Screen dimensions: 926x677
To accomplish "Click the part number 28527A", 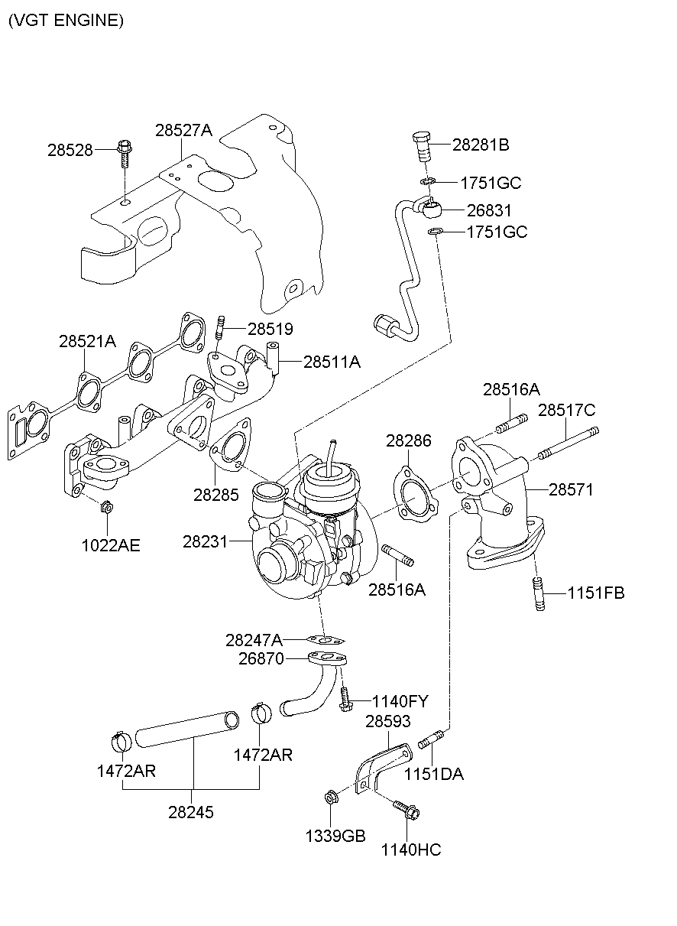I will pos(183,131).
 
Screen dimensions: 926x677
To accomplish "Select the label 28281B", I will pos(481,145).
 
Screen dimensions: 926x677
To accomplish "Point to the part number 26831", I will pos(489,210).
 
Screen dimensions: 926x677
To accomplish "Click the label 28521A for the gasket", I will pos(87,342).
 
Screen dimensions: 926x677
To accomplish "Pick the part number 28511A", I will pos(332,362).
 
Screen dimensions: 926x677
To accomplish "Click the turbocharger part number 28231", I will pos(205,541).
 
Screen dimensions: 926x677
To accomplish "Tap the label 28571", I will pos(571,489).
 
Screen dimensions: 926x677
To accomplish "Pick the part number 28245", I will pos(191,812).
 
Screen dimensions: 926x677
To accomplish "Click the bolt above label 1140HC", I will pos(404,809).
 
